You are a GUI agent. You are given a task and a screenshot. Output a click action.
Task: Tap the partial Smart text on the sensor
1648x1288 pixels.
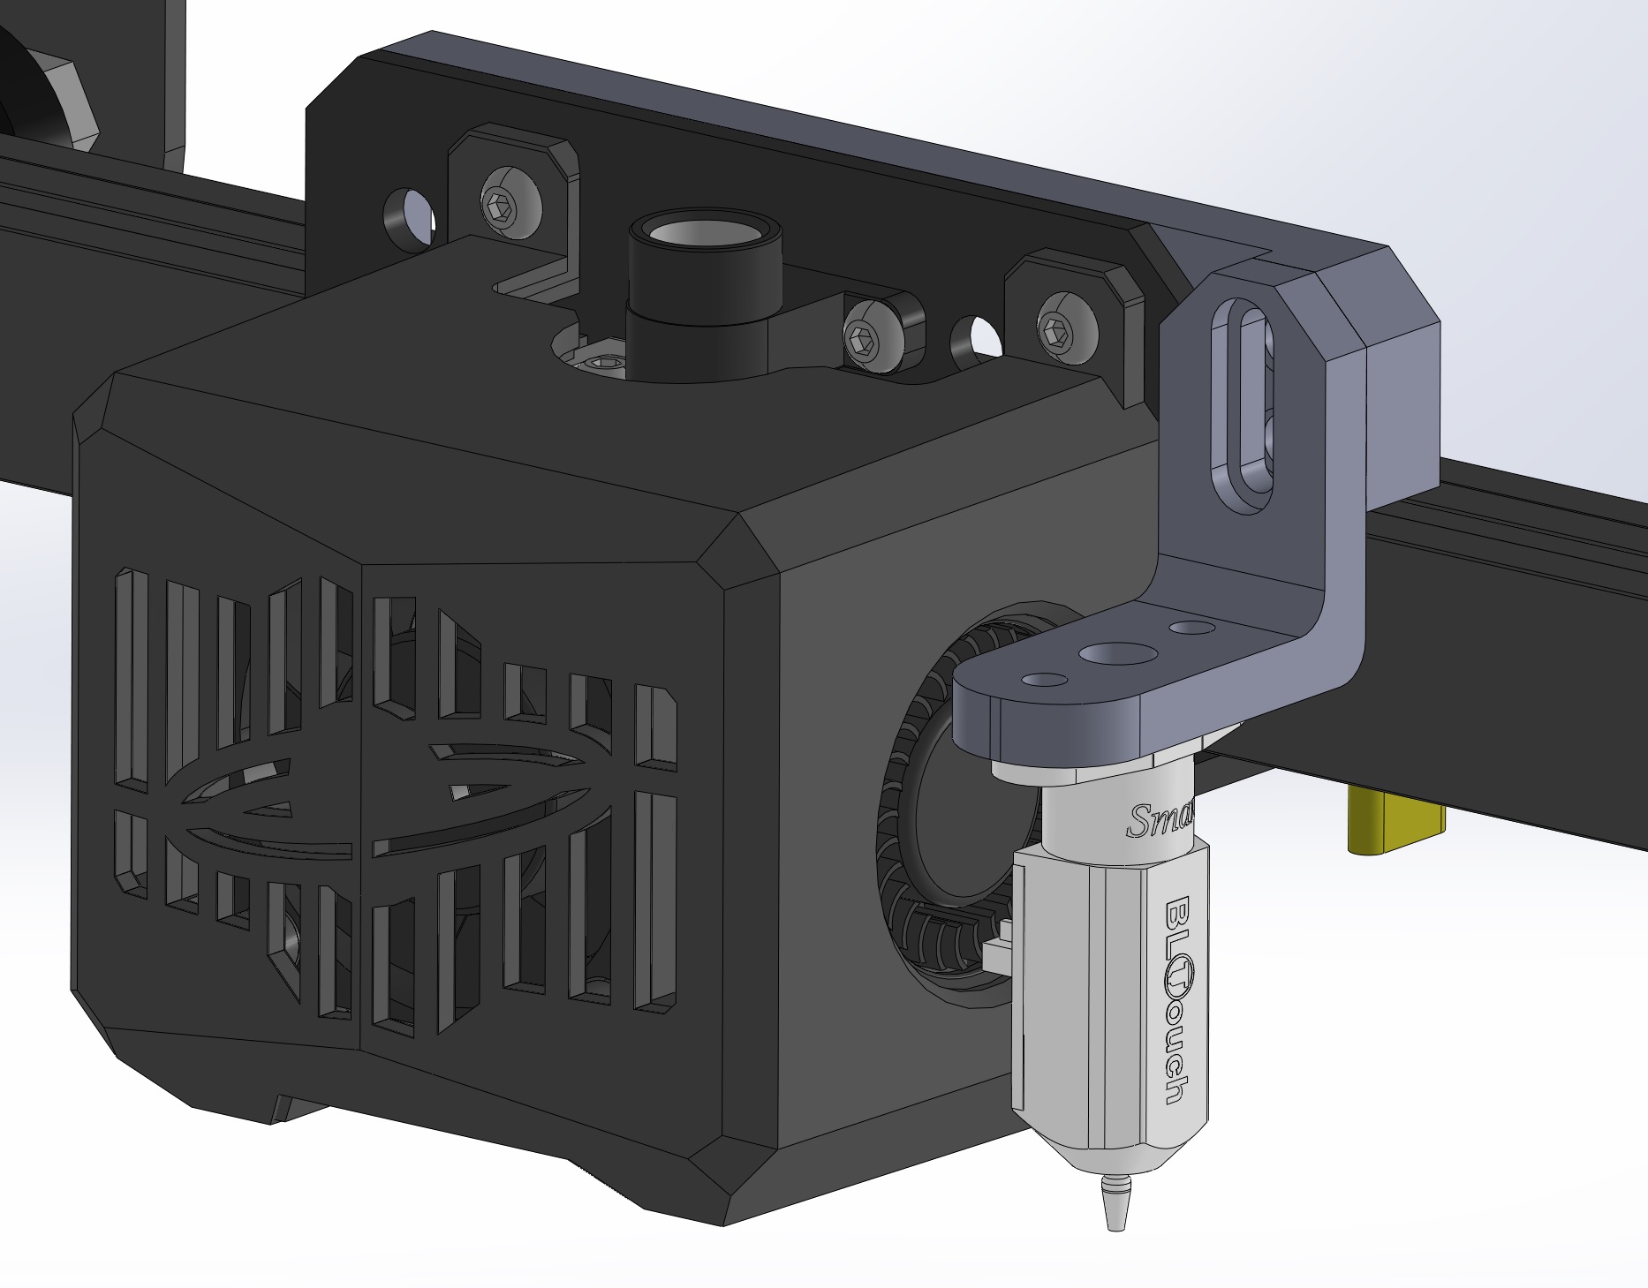[x=1160, y=820]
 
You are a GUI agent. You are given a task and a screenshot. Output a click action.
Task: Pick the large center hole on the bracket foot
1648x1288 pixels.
[x=1120, y=653]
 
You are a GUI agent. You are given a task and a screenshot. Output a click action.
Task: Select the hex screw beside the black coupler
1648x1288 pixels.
[x=863, y=335]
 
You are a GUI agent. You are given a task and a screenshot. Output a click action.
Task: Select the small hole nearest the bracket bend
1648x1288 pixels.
[x=1191, y=627]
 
